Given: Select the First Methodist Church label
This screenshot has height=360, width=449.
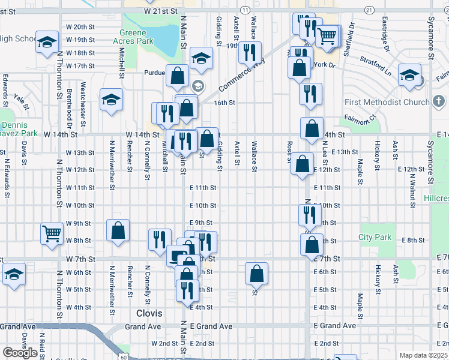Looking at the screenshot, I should (x=387, y=102).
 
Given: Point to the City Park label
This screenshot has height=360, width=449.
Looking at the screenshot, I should (x=375, y=237).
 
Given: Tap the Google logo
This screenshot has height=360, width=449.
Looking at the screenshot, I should (x=20, y=353).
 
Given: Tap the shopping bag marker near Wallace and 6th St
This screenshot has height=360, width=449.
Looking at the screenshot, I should (x=256, y=274).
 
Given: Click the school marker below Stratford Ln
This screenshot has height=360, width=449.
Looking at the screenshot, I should (x=409, y=76).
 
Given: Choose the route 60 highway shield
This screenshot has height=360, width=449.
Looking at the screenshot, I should (x=123, y=357).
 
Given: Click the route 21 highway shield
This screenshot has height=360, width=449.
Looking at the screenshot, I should (x=369, y=11).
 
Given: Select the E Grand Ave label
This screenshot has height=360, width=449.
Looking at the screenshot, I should (x=212, y=326).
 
